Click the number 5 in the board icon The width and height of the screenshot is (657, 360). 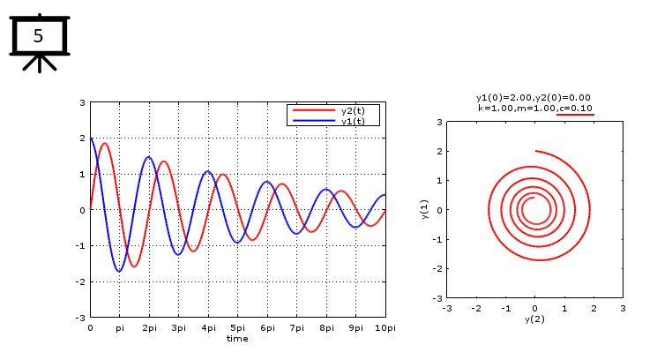(38, 36)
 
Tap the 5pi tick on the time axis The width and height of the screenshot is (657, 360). (237, 327)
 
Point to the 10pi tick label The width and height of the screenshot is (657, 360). (384, 327)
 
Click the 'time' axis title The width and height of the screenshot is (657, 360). (237, 338)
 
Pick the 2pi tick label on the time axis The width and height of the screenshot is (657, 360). (149, 327)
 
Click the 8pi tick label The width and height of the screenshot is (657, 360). (326, 327)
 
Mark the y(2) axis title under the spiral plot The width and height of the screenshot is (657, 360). (534, 319)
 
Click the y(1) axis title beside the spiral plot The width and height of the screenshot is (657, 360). (424, 210)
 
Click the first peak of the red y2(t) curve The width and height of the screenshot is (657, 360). (104, 143)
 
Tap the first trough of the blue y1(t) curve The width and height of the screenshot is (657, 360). (119, 271)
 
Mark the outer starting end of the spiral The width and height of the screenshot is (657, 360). (535, 151)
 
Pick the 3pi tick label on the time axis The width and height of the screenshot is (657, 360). (178, 327)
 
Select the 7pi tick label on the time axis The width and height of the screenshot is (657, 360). (296, 327)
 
